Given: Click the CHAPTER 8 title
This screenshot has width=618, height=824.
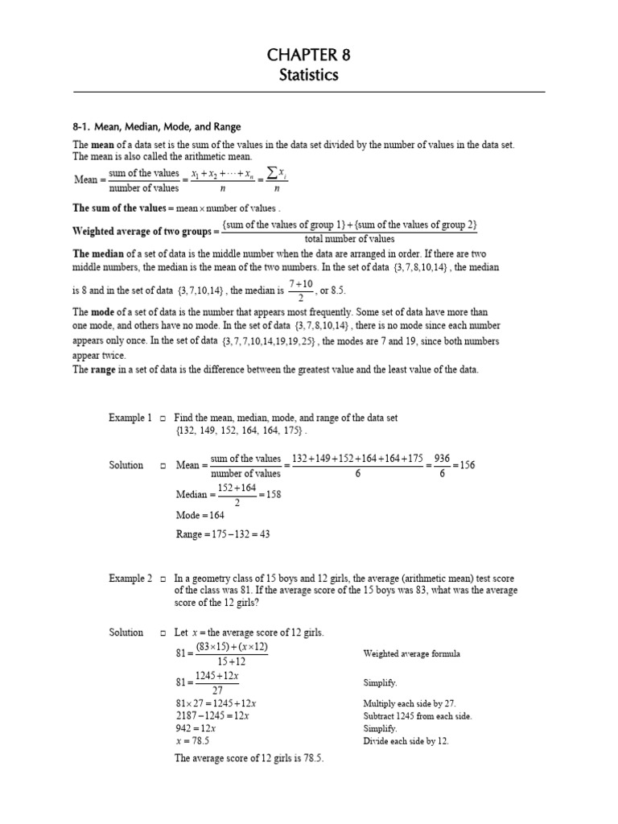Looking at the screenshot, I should coord(309,56).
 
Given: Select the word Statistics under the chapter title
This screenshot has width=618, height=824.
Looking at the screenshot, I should coord(309,76).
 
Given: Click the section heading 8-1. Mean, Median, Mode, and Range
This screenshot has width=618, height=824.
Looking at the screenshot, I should coord(157,127).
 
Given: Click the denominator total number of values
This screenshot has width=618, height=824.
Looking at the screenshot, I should coord(349,239).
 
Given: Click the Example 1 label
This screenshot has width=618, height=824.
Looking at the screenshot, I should coord(130,418).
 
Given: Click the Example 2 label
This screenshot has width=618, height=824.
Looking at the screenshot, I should coord(130,579).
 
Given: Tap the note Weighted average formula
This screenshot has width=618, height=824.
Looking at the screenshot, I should coord(411,654).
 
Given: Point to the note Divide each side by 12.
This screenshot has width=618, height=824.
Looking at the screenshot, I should coord(406,740).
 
